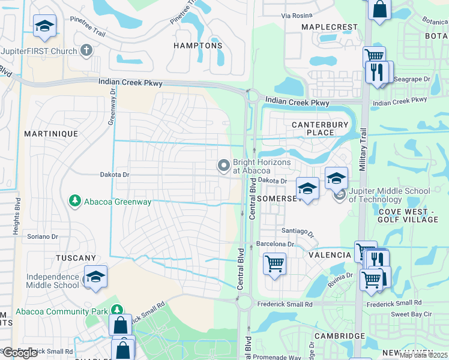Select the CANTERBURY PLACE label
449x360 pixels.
(320, 128)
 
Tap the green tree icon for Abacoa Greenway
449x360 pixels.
(75, 200)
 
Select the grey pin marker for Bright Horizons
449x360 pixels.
(224, 165)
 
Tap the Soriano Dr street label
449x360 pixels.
(42, 236)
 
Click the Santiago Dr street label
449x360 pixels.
(298, 231)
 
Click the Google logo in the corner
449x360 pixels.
(20, 353)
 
